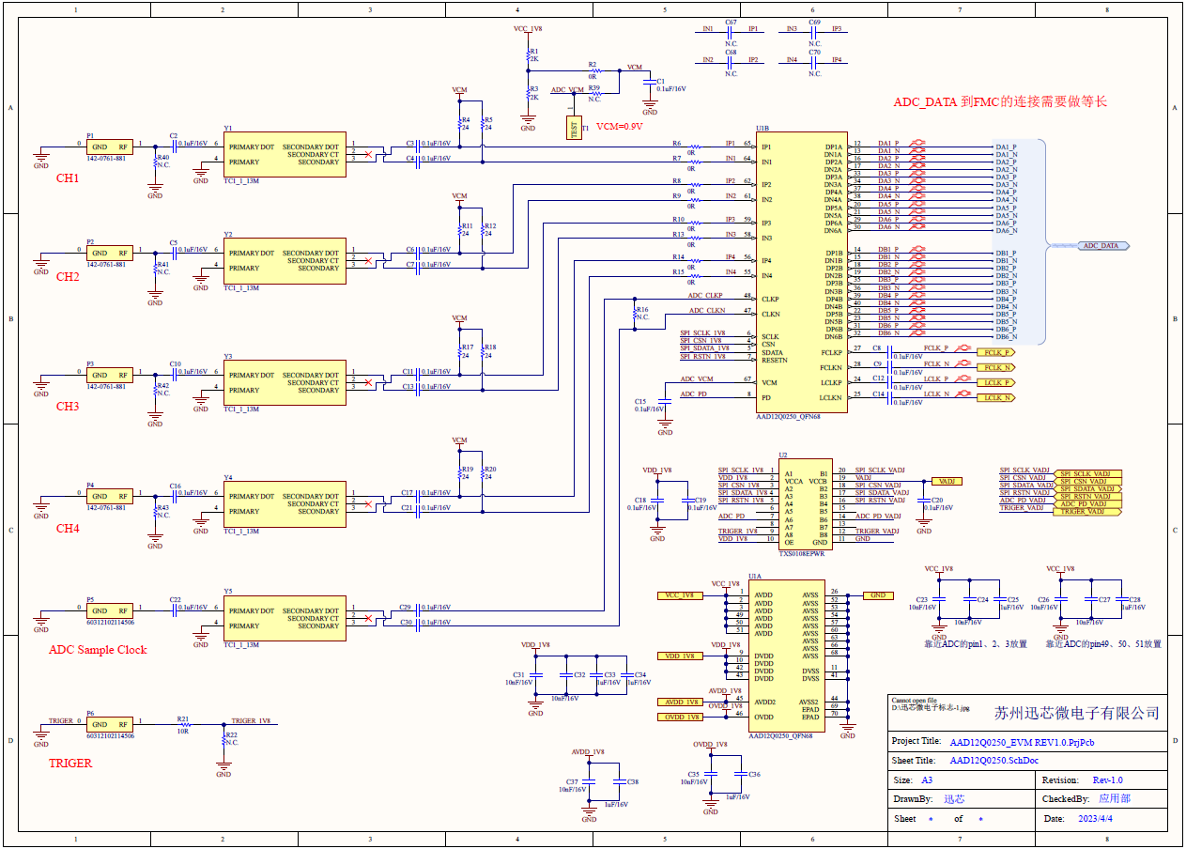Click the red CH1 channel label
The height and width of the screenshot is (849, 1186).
(x=68, y=178)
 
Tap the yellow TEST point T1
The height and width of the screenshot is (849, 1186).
(x=573, y=129)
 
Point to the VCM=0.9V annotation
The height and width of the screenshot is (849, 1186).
(x=620, y=126)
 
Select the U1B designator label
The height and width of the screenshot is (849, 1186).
(x=762, y=128)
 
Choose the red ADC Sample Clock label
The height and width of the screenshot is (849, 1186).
(x=98, y=650)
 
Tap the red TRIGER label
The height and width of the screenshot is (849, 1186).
(x=70, y=764)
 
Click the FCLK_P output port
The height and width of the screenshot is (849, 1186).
(x=996, y=352)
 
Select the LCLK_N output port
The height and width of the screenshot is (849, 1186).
(x=996, y=398)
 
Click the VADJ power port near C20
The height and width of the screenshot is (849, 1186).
(x=947, y=481)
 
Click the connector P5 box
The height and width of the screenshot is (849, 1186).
(x=110, y=610)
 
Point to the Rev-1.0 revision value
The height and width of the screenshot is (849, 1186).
(x=1107, y=780)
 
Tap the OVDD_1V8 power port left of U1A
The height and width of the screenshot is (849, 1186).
(x=681, y=718)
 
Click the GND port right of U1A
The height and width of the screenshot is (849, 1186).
(x=877, y=595)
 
